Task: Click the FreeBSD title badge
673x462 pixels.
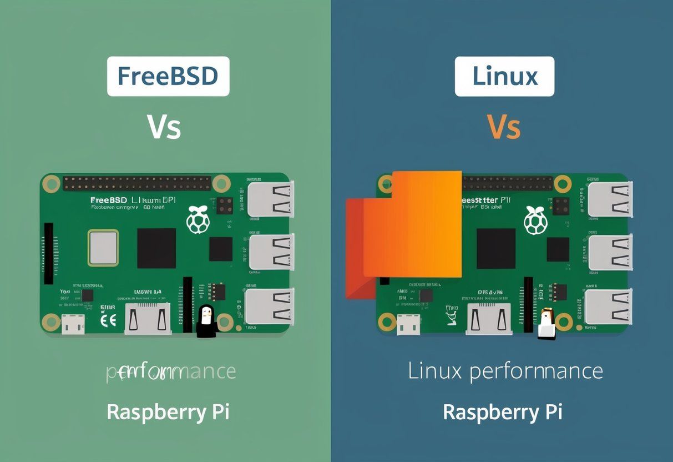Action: (x=168, y=77)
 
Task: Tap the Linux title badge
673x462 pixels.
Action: (x=504, y=77)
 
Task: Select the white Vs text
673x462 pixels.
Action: (x=164, y=127)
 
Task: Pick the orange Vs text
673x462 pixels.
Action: (x=503, y=127)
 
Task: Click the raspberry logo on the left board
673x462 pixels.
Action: (x=198, y=220)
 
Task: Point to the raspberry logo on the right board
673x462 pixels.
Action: (x=535, y=220)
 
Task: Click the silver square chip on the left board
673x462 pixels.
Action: (x=103, y=248)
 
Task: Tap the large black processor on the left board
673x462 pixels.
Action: (x=156, y=248)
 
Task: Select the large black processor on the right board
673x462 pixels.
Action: (x=495, y=248)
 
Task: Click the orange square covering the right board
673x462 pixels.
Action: (x=412, y=224)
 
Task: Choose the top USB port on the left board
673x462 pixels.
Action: (x=270, y=198)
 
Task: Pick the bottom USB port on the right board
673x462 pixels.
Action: (x=609, y=307)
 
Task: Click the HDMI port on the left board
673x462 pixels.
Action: (x=148, y=319)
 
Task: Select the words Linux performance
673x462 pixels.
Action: (x=505, y=371)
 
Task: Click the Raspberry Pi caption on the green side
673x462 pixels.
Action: (x=168, y=413)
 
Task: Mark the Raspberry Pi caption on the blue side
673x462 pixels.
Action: (x=503, y=413)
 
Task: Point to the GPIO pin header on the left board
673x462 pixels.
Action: (x=136, y=183)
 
